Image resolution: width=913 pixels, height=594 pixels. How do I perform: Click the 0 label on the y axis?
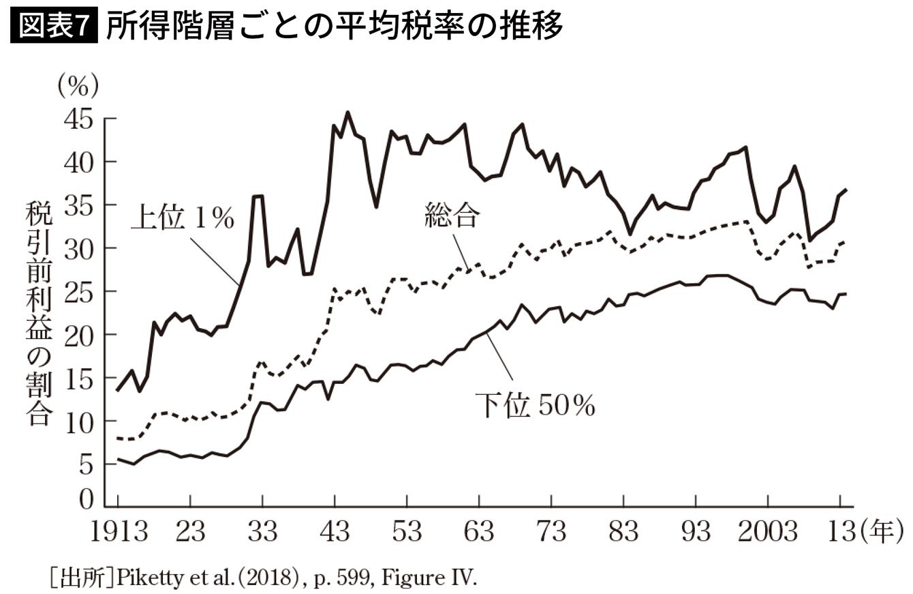point(85,500)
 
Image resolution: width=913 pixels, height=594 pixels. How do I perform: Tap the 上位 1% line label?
point(183,220)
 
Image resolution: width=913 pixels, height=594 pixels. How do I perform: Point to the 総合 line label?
point(452,218)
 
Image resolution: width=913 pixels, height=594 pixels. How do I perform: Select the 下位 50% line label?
point(535,406)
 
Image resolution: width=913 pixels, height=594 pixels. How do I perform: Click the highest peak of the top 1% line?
point(347,113)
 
